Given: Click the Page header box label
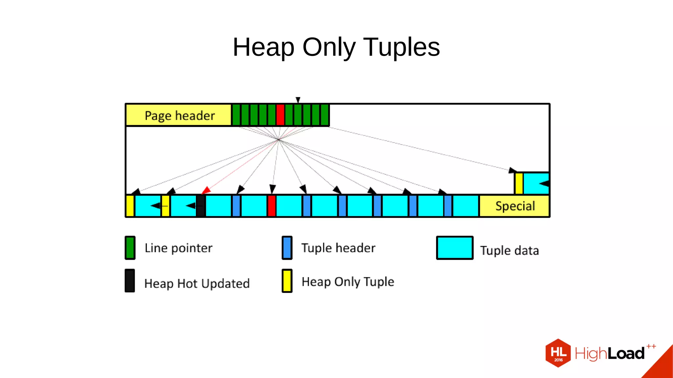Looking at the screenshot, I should coord(179,116).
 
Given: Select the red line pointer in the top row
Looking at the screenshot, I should coord(280,115).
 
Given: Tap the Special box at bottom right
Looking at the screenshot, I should coord(515,206).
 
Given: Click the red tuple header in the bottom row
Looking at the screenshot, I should coord(271,206).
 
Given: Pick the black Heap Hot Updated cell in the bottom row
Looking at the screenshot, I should coord(201,206).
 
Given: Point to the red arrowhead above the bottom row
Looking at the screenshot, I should coord(206,190).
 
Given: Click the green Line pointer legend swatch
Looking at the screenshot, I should coord(130,248).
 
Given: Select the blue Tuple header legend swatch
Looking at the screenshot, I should coord(287,248).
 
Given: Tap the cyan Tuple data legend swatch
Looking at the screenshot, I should coord(454,248).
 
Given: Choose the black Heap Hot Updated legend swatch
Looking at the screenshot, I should coord(130,281).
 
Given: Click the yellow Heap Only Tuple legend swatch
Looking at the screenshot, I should coord(287,281).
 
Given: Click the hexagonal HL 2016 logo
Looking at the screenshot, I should coord(558,353).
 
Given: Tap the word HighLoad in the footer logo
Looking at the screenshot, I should coord(610,354).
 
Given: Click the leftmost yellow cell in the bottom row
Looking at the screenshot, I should coord(130,206).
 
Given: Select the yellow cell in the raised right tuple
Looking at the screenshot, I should coord(519,183).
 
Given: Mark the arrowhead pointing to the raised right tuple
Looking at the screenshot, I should coord(512,170).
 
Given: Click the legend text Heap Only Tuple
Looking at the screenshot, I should coord(348,282).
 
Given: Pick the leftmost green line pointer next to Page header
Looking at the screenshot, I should coord(236,115).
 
